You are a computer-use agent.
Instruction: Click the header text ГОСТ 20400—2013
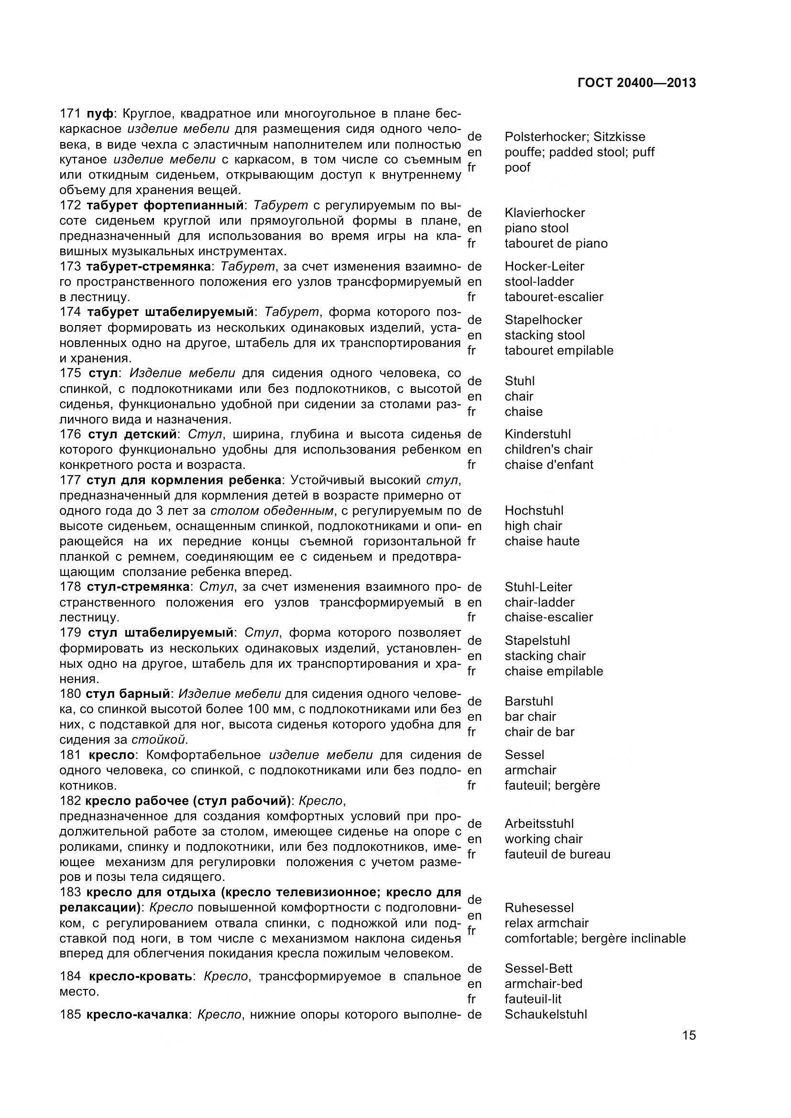point(637,83)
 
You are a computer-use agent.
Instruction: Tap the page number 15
point(689,1049)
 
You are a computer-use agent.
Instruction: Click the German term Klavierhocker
point(545,213)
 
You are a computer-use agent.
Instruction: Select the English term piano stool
point(536,228)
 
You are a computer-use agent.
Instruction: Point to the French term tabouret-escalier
point(554,297)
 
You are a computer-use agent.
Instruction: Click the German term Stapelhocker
point(543,320)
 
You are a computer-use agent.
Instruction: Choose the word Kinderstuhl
point(538,434)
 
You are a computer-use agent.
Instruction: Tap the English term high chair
point(533,526)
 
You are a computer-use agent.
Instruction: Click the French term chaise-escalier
point(549,618)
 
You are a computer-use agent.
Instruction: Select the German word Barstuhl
point(529,701)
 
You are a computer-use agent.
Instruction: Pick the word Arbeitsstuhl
point(539,824)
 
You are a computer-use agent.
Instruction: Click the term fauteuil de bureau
point(557,854)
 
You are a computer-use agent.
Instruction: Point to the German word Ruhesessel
point(539,908)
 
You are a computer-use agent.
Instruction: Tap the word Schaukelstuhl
point(546,1014)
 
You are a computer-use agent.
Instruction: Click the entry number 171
point(70,114)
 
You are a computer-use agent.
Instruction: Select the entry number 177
point(70,480)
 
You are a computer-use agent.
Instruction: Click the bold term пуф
point(99,114)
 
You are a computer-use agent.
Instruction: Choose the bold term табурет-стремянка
point(149,266)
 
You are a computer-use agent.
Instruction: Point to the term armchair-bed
point(543,984)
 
